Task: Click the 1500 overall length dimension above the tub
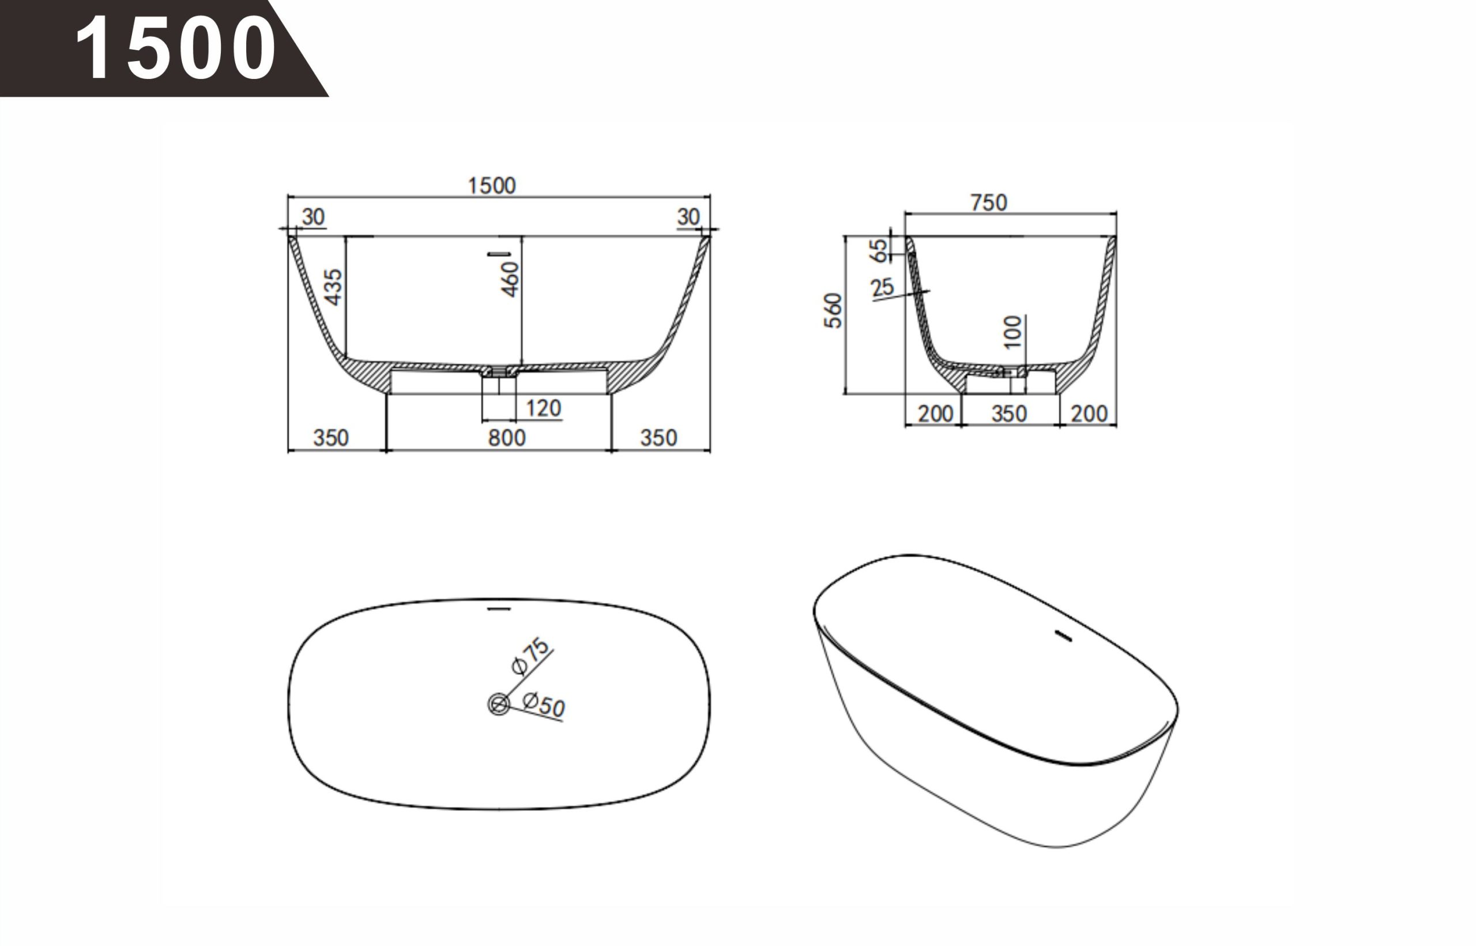[492, 186]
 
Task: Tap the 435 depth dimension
[333, 286]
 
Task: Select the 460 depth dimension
[510, 280]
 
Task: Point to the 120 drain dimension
[543, 408]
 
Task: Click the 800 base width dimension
[507, 438]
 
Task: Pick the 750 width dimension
[988, 202]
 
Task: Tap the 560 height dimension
[833, 311]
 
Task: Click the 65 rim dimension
[879, 250]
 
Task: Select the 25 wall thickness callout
[882, 287]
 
